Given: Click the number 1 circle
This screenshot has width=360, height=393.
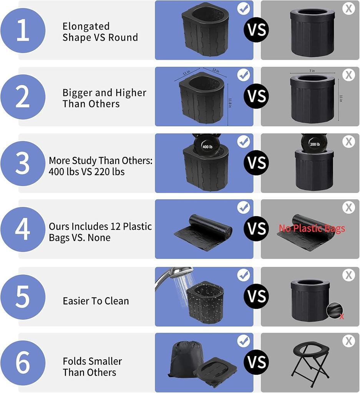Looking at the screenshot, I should click(x=23, y=30).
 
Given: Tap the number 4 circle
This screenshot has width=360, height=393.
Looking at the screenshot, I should click(x=23, y=229).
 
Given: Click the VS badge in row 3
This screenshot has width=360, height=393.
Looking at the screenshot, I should click(x=257, y=163).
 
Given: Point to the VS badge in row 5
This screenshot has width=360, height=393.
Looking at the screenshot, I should click(x=257, y=297).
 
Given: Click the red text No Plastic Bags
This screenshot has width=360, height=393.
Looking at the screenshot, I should click(x=312, y=229).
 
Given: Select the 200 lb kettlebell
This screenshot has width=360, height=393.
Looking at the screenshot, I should click(x=314, y=144).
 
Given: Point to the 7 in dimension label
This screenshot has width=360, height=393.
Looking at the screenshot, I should click(x=312, y=71).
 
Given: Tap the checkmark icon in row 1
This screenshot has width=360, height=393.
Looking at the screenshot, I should click(x=243, y=8).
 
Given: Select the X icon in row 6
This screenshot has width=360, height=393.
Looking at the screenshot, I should click(x=348, y=341).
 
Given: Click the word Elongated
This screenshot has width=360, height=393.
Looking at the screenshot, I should click(x=86, y=26).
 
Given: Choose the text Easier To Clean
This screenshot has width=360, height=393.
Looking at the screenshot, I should click(x=96, y=301).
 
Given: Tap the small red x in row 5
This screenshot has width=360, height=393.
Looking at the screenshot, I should click(x=341, y=317).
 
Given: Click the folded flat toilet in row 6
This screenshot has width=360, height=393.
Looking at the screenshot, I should click(x=215, y=372).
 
